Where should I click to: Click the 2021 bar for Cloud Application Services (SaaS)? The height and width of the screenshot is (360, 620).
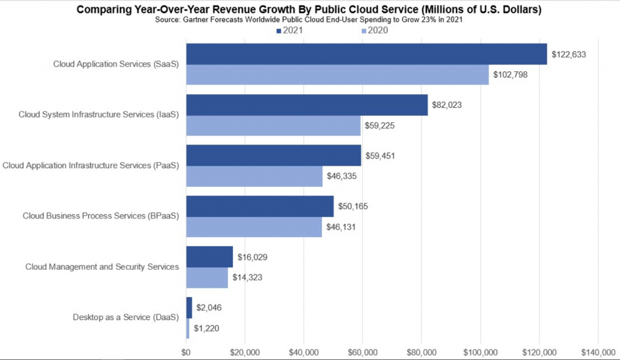point(366,54)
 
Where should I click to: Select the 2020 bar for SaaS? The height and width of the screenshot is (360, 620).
point(337,74)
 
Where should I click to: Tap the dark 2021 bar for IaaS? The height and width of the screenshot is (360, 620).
point(306,105)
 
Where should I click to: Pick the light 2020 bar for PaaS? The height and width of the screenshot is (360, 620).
point(254,176)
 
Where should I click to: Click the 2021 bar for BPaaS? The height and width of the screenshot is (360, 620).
point(260,206)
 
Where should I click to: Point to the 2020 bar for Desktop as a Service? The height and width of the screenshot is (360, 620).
point(188,329)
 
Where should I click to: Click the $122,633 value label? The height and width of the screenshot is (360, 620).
point(569,54)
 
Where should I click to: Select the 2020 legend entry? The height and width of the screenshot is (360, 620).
point(375,31)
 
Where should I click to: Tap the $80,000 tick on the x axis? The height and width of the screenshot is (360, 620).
point(421,352)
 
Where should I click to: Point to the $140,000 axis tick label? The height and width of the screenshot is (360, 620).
point(598,352)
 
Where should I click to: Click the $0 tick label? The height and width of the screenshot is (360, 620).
point(186,352)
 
